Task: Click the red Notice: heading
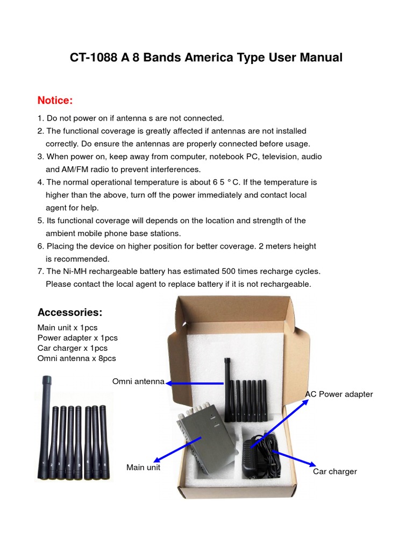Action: [x=55, y=101]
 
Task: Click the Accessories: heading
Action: [x=69, y=313]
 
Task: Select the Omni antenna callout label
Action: [x=138, y=382]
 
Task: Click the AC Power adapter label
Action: [x=339, y=394]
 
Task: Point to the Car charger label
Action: [x=334, y=471]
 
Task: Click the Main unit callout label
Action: [x=143, y=467]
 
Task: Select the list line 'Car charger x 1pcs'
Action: [x=73, y=348]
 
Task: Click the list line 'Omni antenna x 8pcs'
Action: [x=76, y=358]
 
